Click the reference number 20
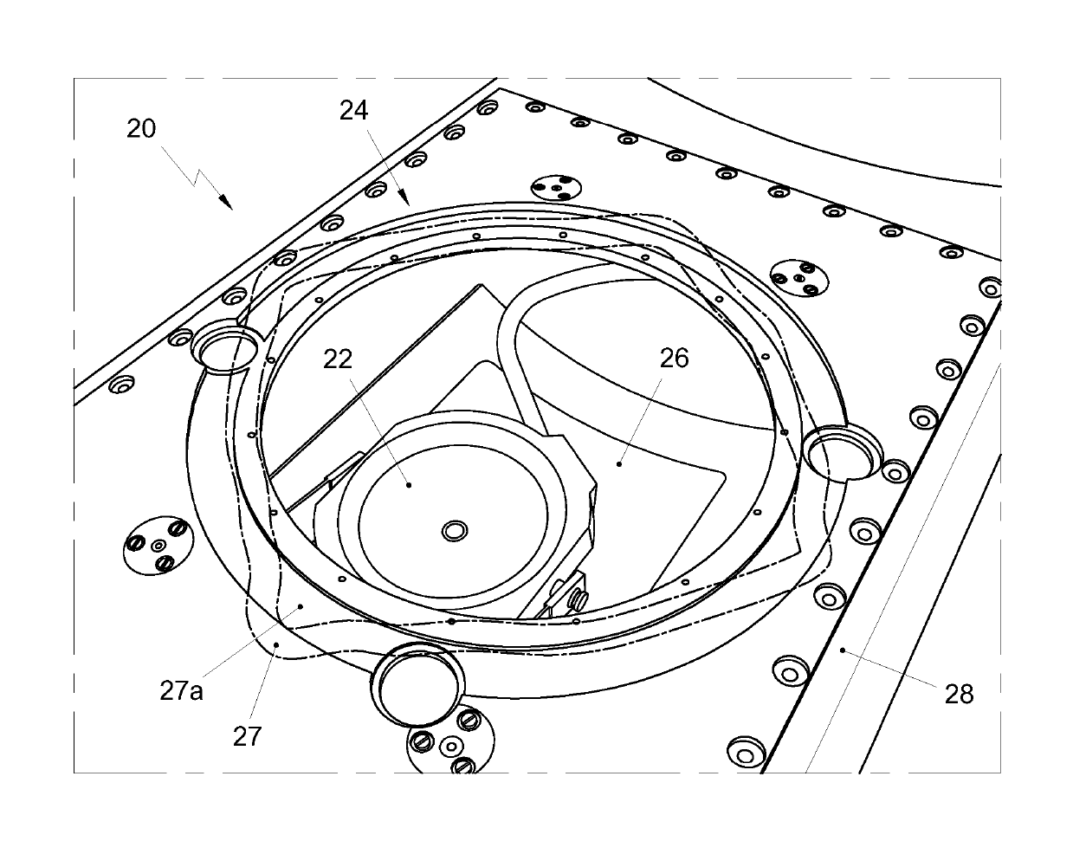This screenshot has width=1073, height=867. click(x=141, y=129)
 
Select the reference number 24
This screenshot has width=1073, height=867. click(x=353, y=110)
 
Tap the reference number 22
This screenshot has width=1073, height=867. click(x=339, y=358)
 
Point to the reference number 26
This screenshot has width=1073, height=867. click(x=675, y=358)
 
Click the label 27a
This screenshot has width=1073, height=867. click(x=182, y=691)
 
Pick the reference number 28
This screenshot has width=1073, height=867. click(x=960, y=694)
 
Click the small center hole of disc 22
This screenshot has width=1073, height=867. click(x=453, y=530)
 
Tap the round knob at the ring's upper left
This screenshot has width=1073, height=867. click(x=226, y=347)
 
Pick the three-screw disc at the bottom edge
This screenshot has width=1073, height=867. click(x=449, y=746)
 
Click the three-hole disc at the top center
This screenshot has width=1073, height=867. click(x=556, y=188)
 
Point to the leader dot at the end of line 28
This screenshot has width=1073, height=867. click(x=843, y=647)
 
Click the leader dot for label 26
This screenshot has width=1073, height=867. click(x=619, y=463)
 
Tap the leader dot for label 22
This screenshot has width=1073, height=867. click(x=410, y=485)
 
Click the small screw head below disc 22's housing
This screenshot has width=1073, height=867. click(x=578, y=598)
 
